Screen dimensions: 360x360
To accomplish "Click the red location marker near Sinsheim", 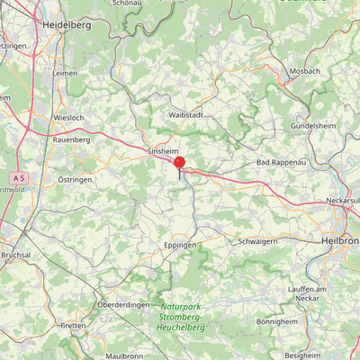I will (x=179, y=164).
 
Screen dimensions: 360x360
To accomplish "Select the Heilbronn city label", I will (x=341, y=241).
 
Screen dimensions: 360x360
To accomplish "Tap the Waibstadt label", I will (x=186, y=116).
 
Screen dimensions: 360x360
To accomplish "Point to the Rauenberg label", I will (x=72, y=139).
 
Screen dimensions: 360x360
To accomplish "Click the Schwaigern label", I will (x=256, y=241).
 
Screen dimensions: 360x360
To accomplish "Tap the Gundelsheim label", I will (x=314, y=126).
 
